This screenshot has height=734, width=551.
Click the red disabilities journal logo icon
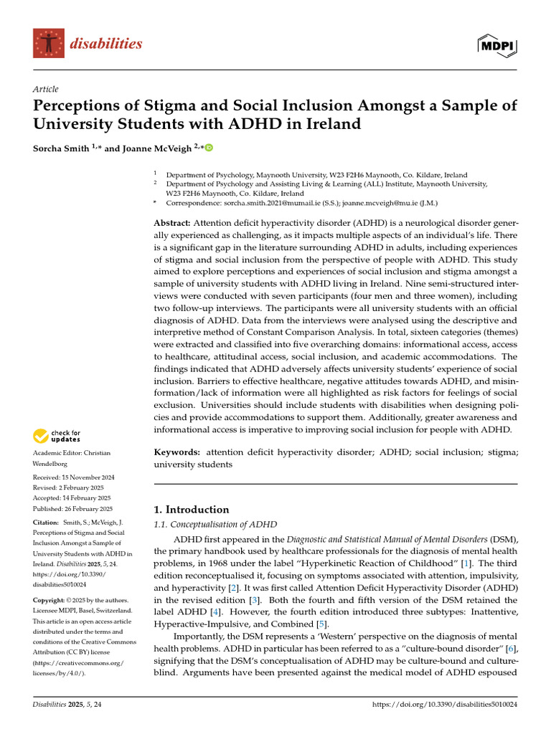48,44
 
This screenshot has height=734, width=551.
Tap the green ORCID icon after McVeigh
209,148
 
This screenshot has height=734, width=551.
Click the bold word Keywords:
178,452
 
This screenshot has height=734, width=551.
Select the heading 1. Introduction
192,510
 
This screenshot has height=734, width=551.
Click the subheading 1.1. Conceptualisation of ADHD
215,525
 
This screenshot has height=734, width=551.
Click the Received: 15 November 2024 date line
74,477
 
